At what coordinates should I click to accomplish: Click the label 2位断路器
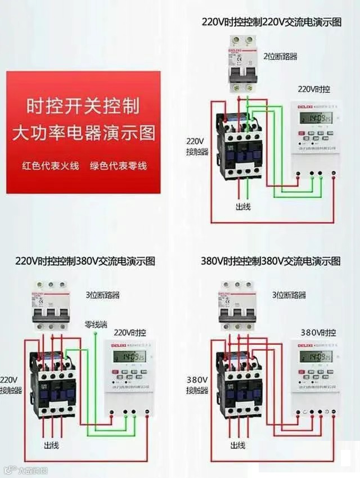280,56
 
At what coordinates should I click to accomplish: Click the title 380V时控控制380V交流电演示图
271,261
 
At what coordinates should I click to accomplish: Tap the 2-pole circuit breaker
241,64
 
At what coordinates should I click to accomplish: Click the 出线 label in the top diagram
243,207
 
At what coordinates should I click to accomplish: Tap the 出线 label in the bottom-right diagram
238,445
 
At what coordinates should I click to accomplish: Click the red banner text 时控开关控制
83,105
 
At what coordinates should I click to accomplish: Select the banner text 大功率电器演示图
83,134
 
